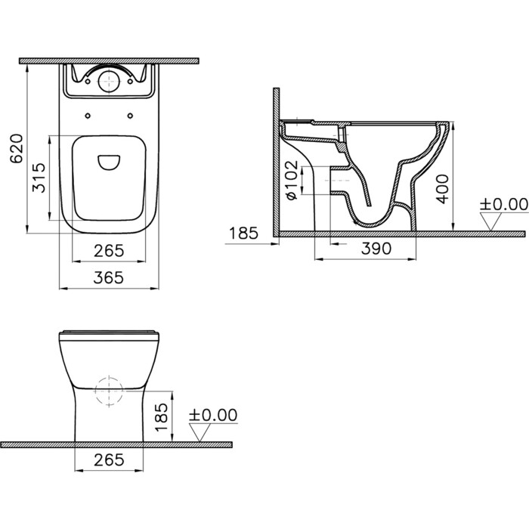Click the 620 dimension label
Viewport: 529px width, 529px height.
coord(16,148)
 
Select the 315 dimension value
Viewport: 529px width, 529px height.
coord(39,178)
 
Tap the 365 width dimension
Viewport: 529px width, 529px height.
coord(109,277)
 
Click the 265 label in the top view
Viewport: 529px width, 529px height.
coord(109,251)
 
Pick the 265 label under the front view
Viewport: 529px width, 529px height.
coord(109,459)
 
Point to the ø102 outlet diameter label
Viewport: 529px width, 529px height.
coord(292,180)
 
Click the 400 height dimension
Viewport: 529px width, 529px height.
coord(442,189)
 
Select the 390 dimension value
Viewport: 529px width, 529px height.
coord(376,249)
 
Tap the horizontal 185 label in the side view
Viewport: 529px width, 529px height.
coord(243,233)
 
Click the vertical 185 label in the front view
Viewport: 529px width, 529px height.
coord(162,417)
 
